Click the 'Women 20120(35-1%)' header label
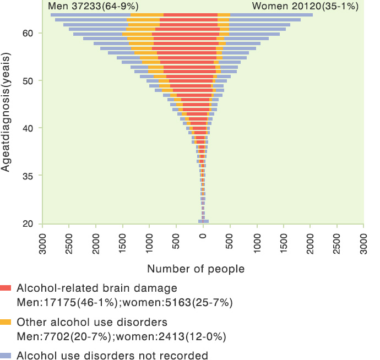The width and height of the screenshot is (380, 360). [x=305, y=7]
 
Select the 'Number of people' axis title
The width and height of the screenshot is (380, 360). [x=196, y=269]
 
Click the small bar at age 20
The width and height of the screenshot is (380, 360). [x=203, y=221]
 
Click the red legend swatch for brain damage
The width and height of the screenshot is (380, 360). [x=6, y=288]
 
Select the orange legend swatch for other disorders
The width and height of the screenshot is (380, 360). [x=6, y=322]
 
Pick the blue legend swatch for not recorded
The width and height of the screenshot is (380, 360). [x=6, y=355]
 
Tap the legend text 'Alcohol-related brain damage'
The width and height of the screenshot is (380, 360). [x=97, y=288]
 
